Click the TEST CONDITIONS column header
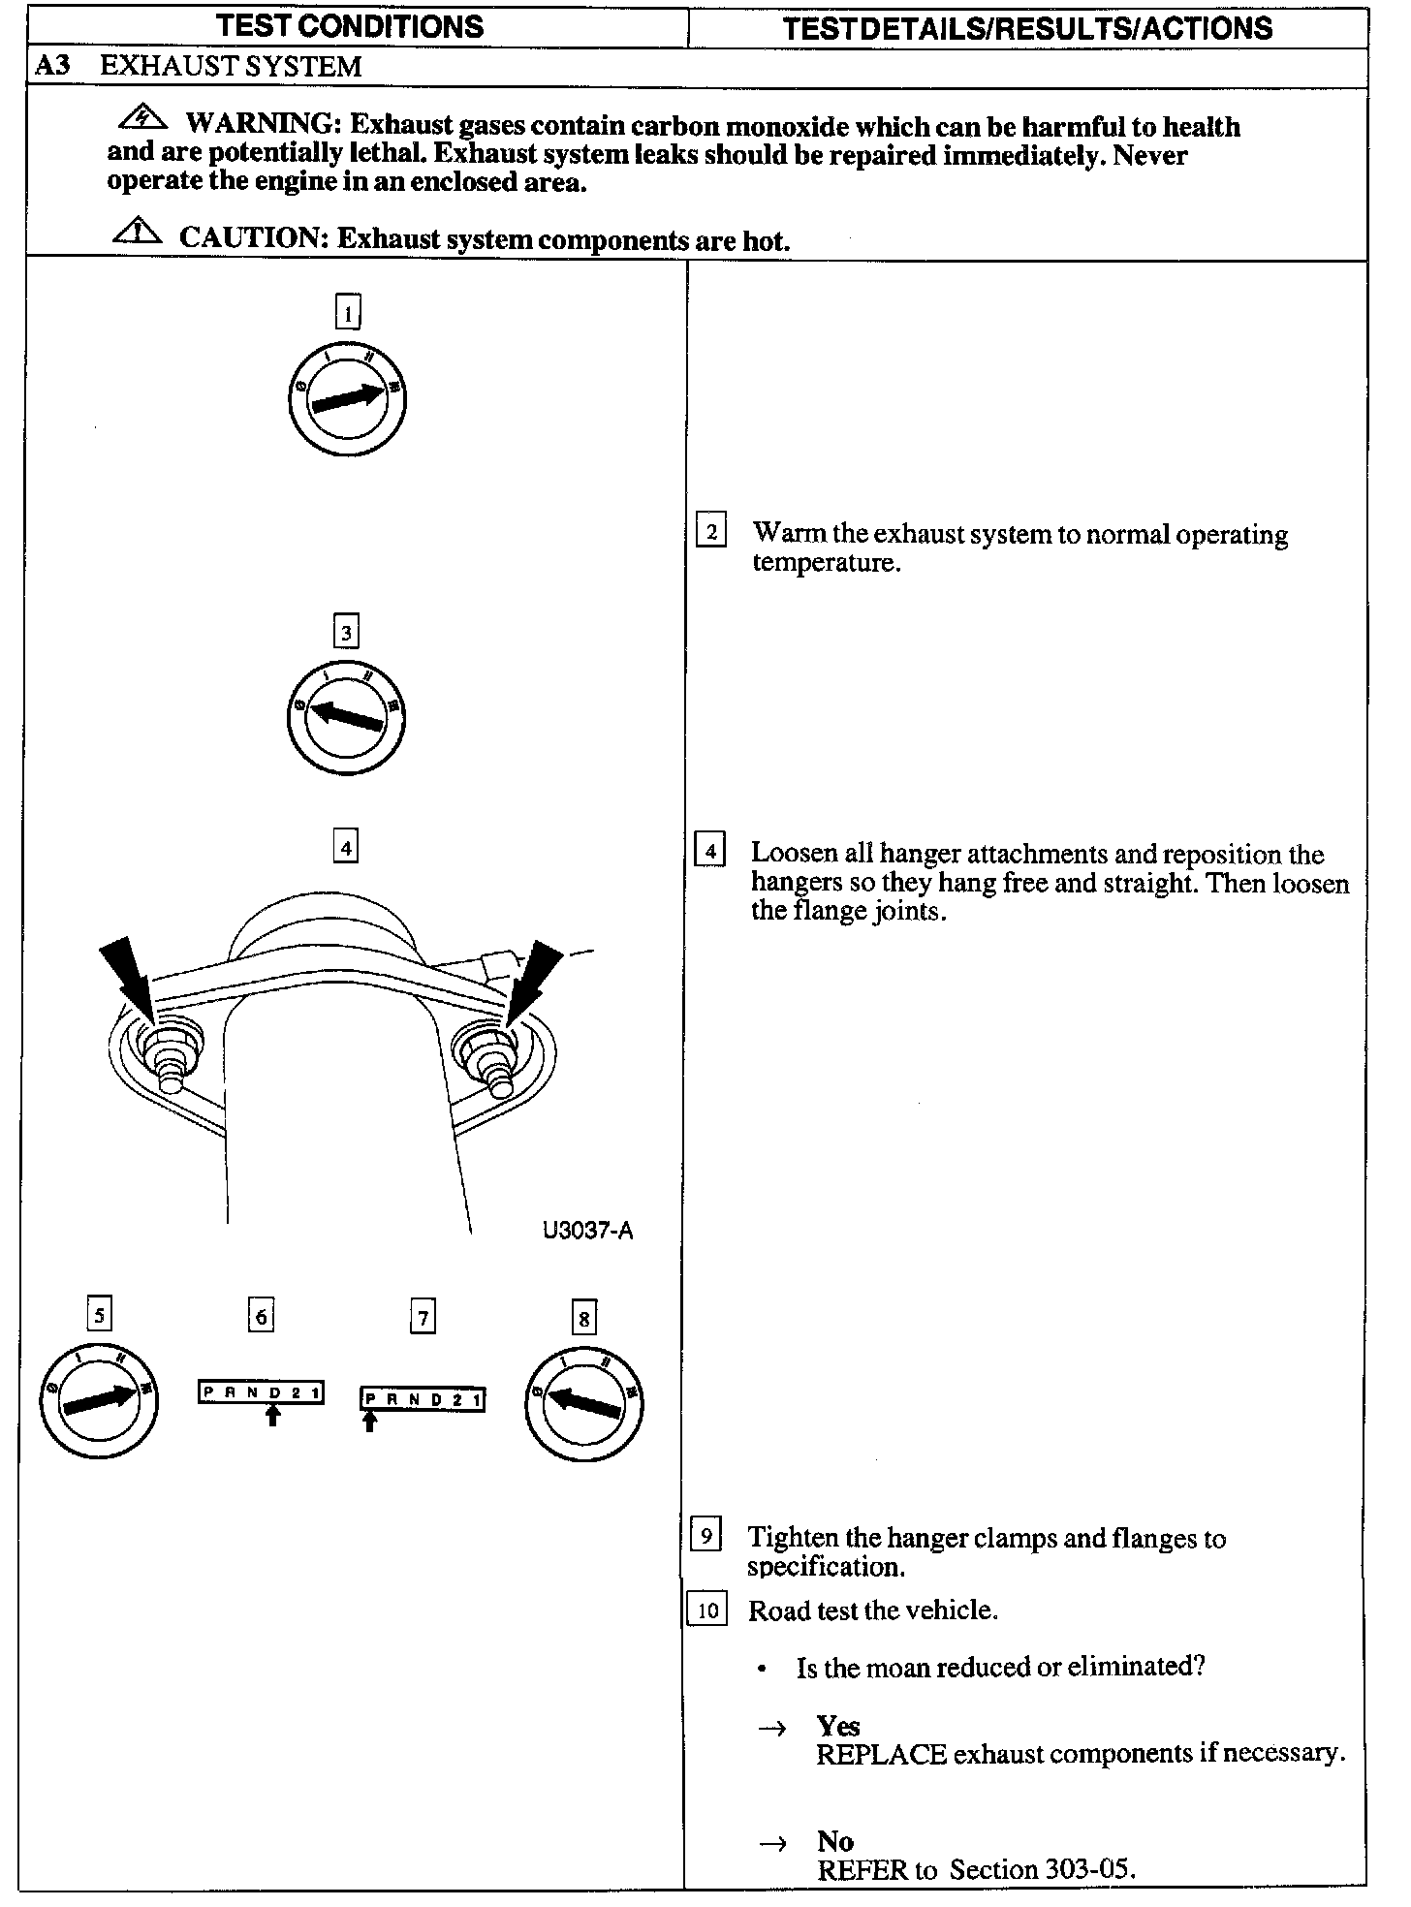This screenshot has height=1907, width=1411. [351, 26]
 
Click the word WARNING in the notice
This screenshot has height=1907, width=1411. [260, 125]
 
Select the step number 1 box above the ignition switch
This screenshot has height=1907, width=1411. [347, 312]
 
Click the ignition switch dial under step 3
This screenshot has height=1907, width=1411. [346, 716]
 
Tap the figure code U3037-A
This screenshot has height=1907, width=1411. [587, 1231]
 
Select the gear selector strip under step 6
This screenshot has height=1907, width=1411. [261, 1392]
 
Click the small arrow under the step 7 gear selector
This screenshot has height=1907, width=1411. [369, 1421]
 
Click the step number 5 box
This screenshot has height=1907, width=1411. [99, 1315]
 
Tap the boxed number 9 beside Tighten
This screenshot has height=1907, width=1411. [705, 1536]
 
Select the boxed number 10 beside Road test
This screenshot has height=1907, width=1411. [707, 1610]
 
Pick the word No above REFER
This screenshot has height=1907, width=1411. [834, 1840]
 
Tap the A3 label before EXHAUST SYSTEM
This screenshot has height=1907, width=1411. [52, 66]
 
